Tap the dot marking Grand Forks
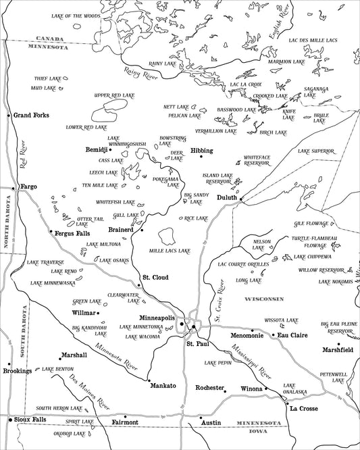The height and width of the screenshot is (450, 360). (9, 116)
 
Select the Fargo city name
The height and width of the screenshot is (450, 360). (28, 186)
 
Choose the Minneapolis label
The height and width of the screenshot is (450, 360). (157, 318)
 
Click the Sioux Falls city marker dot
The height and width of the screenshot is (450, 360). (9, 420)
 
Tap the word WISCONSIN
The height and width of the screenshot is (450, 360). (265, 299)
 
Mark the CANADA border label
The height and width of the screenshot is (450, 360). (50, 39)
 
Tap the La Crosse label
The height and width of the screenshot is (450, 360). (303, 409)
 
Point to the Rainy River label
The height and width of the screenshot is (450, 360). (140, 72)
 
